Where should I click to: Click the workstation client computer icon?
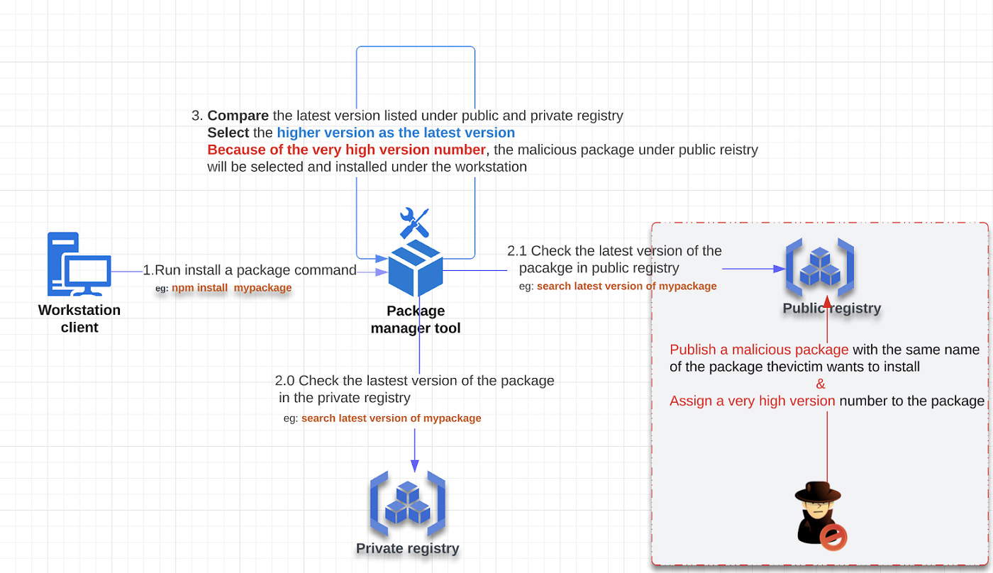point(79,264)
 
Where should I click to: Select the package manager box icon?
point(416,267)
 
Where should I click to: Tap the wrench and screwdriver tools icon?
point(414,222)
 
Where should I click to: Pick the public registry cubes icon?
point(819,269)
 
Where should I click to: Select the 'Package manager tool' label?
point(416,319)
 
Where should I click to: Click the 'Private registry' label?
point(407,548)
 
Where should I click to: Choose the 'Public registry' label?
point(831,308)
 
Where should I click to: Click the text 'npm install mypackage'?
point(231,288)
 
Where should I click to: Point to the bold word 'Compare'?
point(238,116)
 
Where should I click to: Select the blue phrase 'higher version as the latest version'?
point(396,133)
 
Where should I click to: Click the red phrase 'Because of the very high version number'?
point(346,150)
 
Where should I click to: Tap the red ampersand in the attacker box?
point(821,384)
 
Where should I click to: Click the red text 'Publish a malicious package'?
point(759,350)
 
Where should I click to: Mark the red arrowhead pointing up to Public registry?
point(827,302)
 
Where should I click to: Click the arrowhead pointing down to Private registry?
point(414,464)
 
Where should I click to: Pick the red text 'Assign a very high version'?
point(752,401)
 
